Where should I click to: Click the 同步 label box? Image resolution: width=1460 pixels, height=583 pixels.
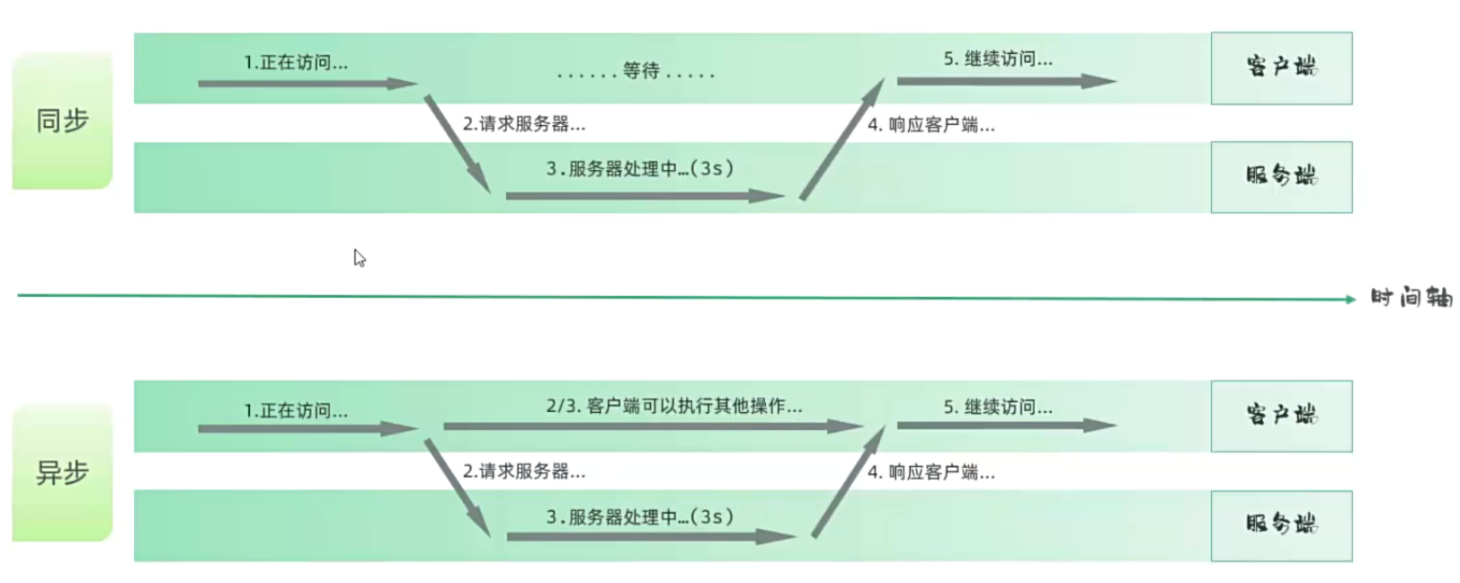(x=62, y=121)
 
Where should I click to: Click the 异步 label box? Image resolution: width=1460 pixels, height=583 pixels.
(x=62, y=472)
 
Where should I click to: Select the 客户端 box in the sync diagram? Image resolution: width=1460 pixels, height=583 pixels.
(x=1281, y=67)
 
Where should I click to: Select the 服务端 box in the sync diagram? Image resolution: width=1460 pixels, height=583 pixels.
(x=1281, y=176)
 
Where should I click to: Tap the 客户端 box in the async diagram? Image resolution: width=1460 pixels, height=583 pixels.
(x=1281, y=416)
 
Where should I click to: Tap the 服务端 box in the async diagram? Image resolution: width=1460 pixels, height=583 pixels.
(x=1281, y=525)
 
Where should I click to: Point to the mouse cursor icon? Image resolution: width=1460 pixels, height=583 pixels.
(x=360, y=258)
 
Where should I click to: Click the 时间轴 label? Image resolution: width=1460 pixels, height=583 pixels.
(x=1410, y=298)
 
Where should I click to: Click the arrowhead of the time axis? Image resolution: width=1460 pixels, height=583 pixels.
(x=1350, y=300)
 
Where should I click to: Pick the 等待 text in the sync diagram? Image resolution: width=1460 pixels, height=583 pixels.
(x=640, y=71)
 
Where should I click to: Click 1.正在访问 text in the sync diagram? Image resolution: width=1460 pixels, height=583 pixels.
(x=296, y=63)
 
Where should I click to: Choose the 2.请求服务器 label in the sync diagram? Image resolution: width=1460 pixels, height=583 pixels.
(x=524, y=124)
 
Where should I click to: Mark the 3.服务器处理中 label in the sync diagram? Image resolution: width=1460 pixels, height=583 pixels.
(x=639, y=168)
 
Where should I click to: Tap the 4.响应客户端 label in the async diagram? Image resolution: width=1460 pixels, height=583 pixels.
(x=930, y=472)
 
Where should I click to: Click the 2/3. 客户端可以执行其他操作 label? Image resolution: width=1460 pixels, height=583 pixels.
(x=673, y=406)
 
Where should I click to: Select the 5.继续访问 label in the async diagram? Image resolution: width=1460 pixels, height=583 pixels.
(x=998, y=407)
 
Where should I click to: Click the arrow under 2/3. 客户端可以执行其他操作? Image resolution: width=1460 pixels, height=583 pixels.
(x=652, y=426)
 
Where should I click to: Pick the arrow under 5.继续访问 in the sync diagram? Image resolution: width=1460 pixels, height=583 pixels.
(x=1006, y=81)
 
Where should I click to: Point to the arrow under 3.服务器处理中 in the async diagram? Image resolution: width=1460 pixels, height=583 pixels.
(x=651, y=537)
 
